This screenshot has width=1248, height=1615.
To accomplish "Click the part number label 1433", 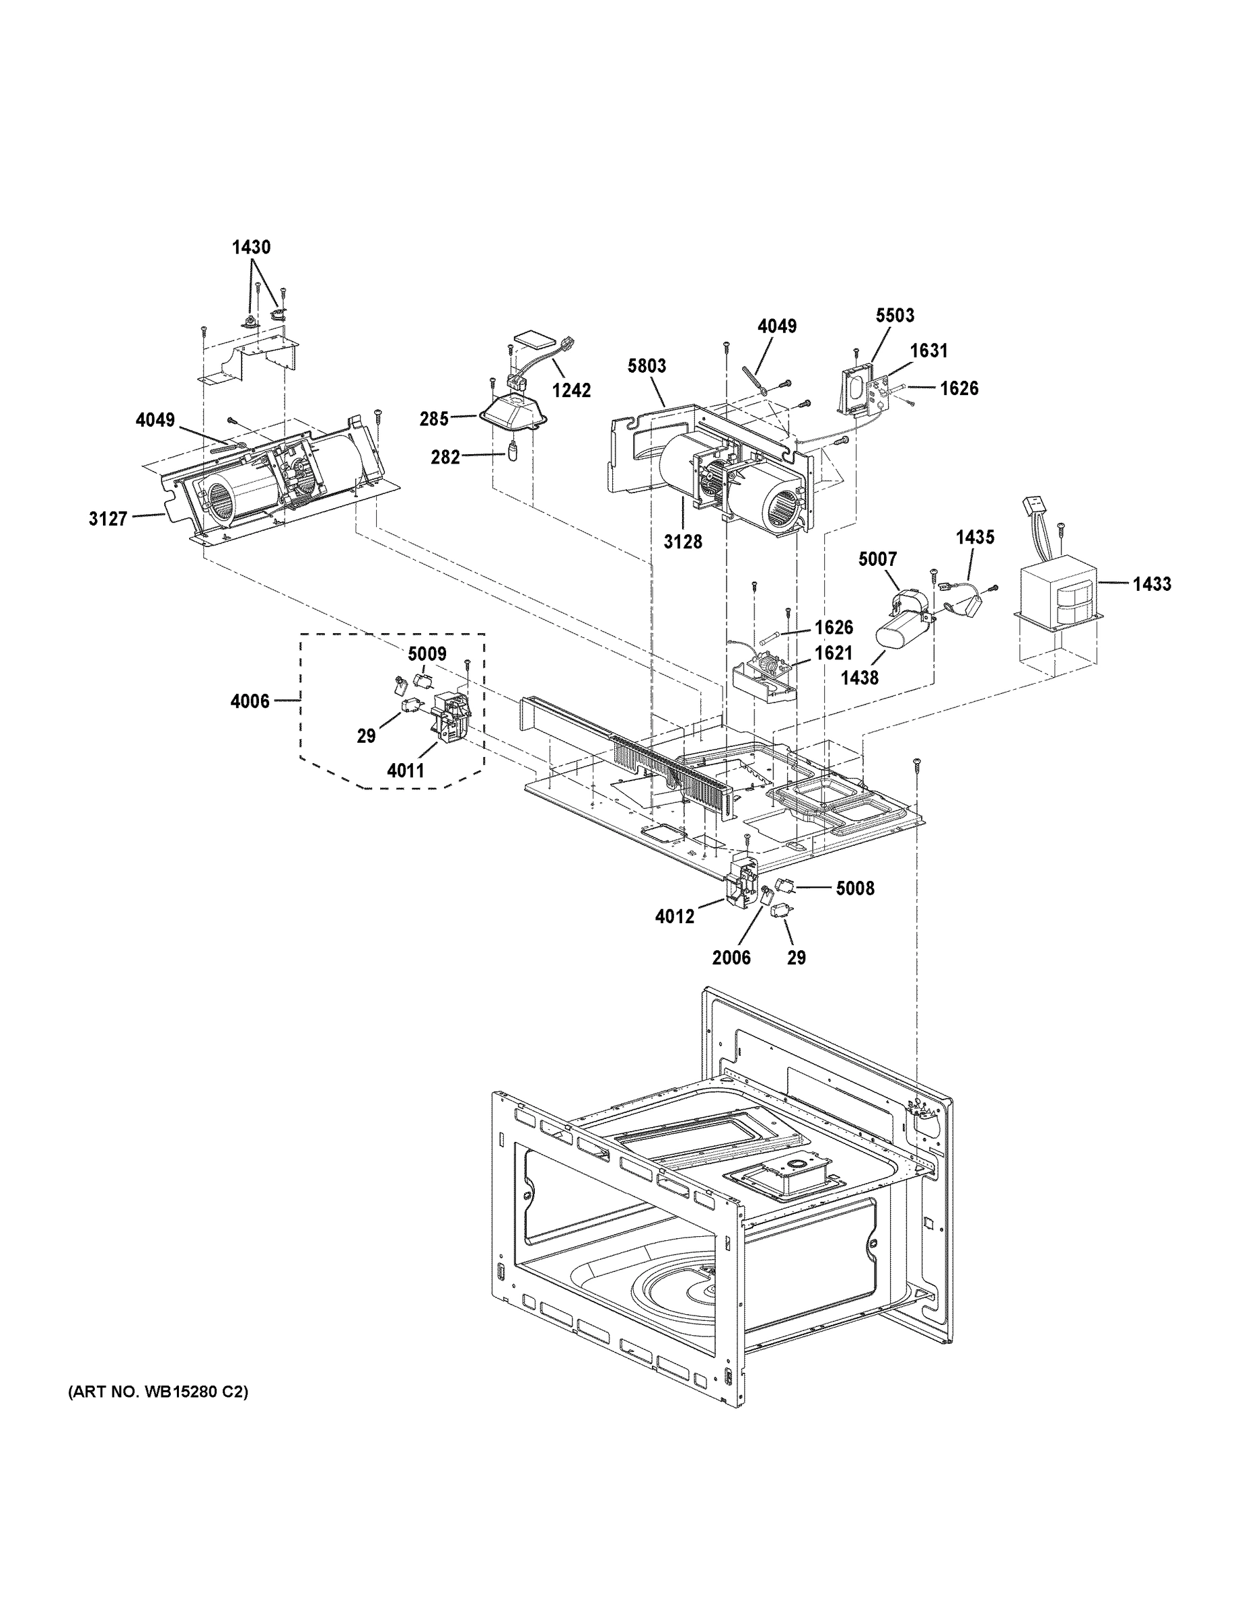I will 1152,584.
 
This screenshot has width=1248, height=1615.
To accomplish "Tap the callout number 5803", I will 647,365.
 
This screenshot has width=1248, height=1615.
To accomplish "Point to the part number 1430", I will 252,248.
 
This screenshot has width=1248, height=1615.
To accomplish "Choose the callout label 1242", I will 571,390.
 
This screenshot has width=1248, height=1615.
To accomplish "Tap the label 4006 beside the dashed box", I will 250,701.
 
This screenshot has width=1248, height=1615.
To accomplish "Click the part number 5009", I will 427,653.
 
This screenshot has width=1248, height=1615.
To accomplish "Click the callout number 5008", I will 855,888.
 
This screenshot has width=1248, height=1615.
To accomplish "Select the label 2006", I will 731,958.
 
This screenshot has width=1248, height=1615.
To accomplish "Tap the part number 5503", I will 895,315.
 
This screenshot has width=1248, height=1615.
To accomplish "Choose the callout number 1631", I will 928,351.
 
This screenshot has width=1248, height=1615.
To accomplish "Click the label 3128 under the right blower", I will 682,542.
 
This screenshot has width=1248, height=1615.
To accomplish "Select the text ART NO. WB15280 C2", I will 158,1392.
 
